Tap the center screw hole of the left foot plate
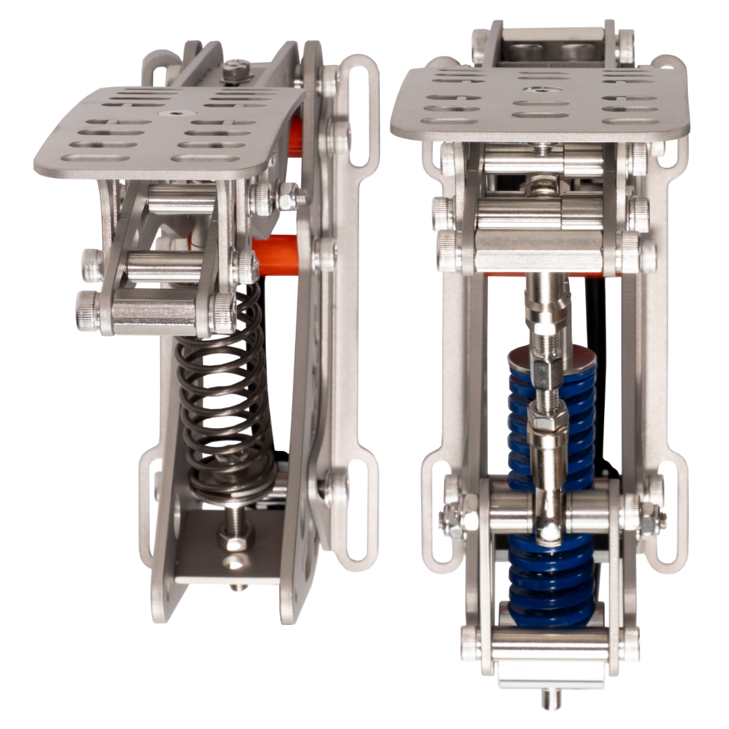165,115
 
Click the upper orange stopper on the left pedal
295,135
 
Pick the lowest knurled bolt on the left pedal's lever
88,311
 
